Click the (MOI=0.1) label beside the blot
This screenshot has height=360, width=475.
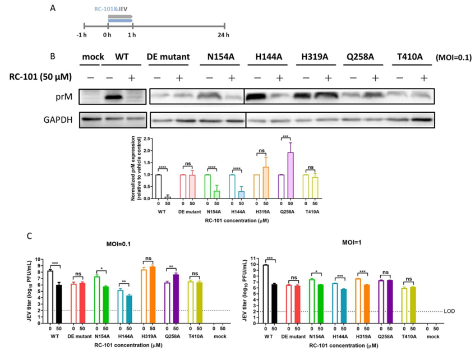pyautogui.click(x=453, y=58)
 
